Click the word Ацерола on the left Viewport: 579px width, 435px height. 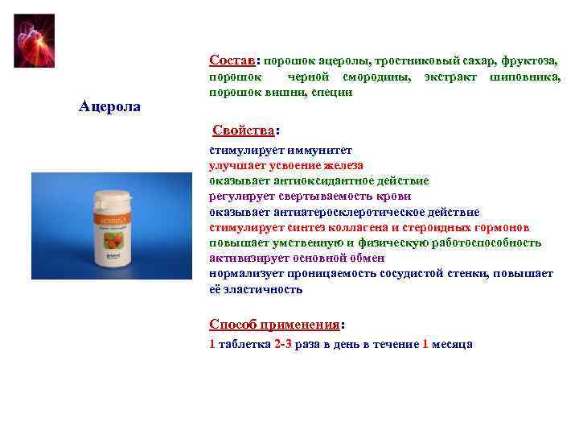(x=110, y=106)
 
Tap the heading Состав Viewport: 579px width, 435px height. (x=232, y=60)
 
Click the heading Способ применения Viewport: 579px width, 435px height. (x=274, y=325)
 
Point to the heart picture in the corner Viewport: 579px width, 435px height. (x=35, y=40)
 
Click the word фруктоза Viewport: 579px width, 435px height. (x=528, y=61)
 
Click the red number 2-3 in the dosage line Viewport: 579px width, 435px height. (x=283, y=344)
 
